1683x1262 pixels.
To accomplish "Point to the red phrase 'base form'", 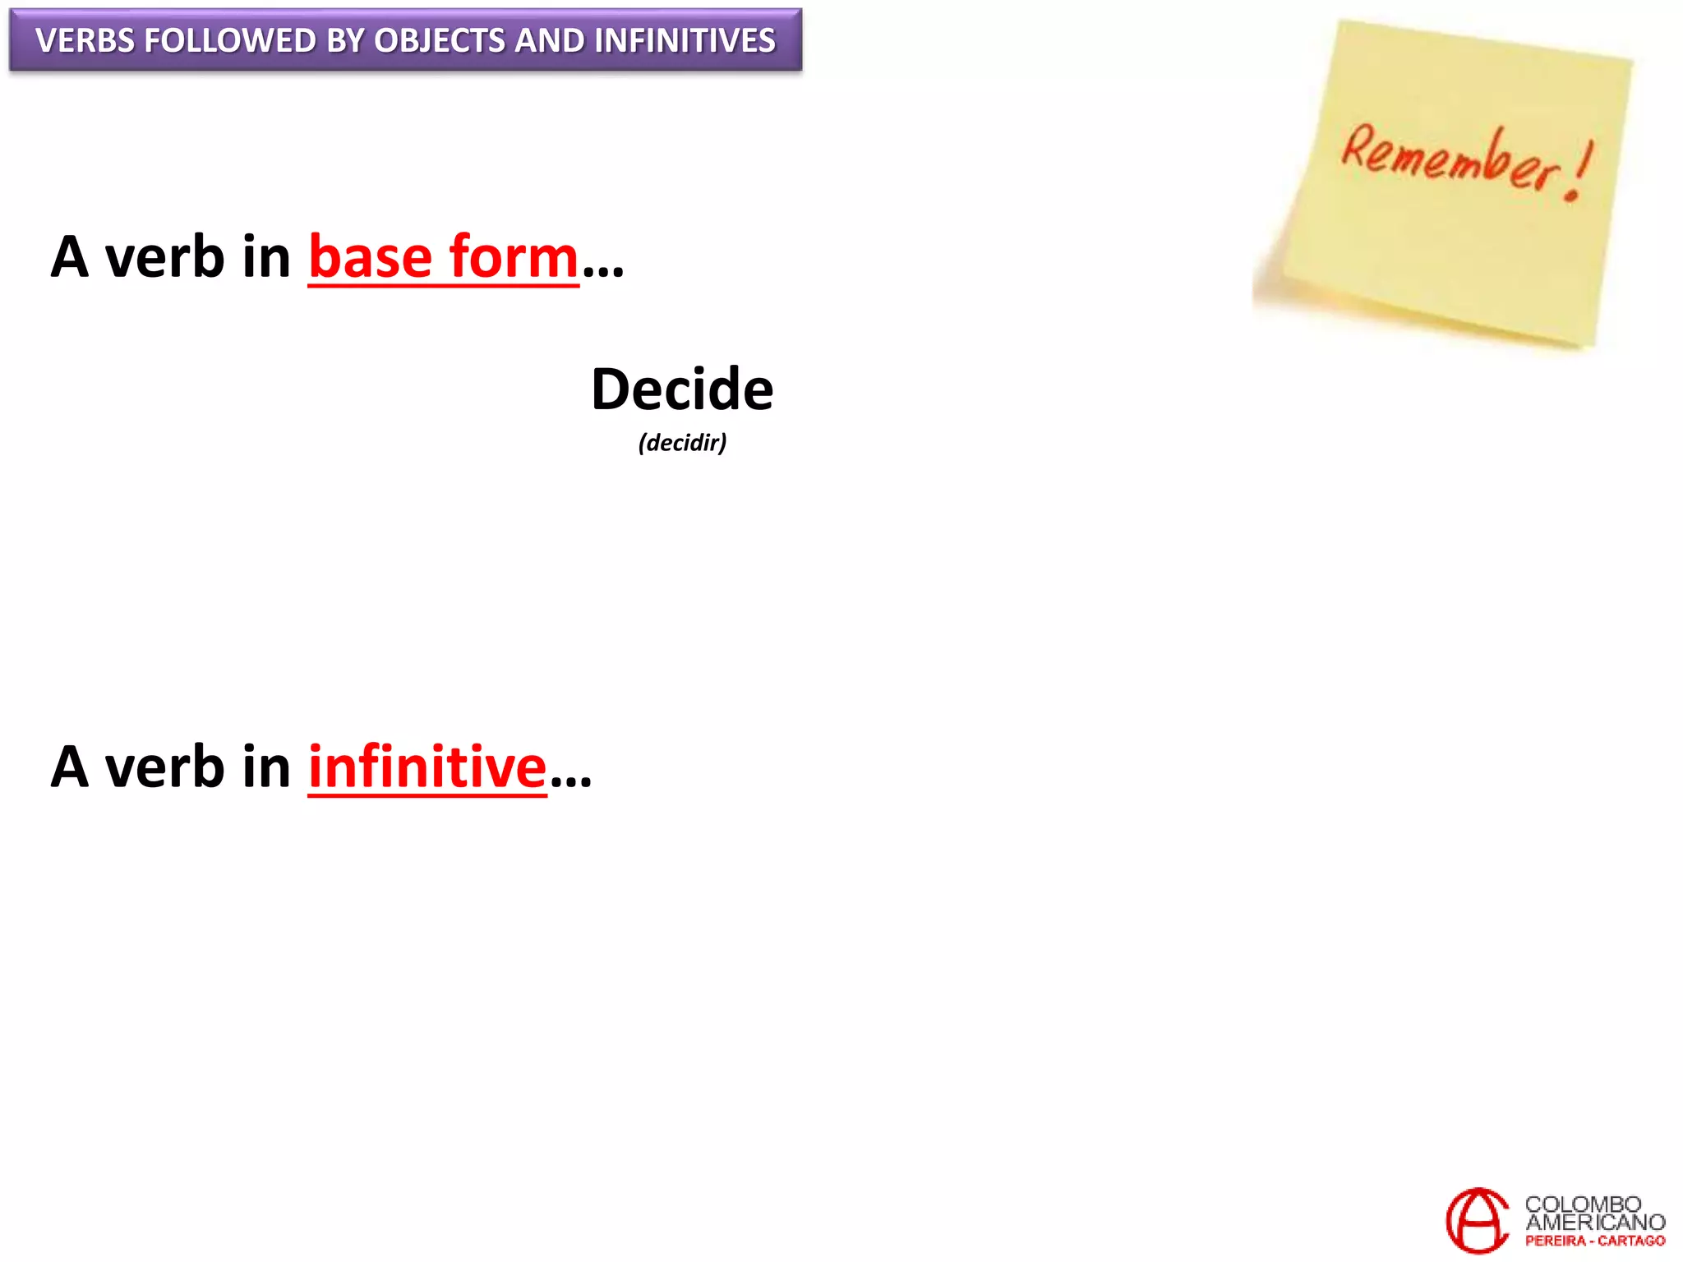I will point(444,257).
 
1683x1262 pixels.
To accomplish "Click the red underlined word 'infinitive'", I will point(427,767).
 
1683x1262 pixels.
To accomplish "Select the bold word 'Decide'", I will point(682,389).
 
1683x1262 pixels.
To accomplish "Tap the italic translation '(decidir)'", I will point(682,443).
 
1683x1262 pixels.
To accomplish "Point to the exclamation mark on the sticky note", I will point(1579,171).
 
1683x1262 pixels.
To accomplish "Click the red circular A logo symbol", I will point(1477,1221).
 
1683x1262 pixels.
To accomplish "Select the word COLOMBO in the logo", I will point(1583,1204).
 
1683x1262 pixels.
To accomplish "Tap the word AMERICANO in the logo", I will point(1595,1223).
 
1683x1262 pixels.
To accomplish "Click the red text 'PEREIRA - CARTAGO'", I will point(1595,1241).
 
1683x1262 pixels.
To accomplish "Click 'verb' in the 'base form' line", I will point(164,257).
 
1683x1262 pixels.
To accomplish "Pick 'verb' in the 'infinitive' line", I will point(164,767).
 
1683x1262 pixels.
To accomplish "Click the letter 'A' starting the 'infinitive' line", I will point(69,767).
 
